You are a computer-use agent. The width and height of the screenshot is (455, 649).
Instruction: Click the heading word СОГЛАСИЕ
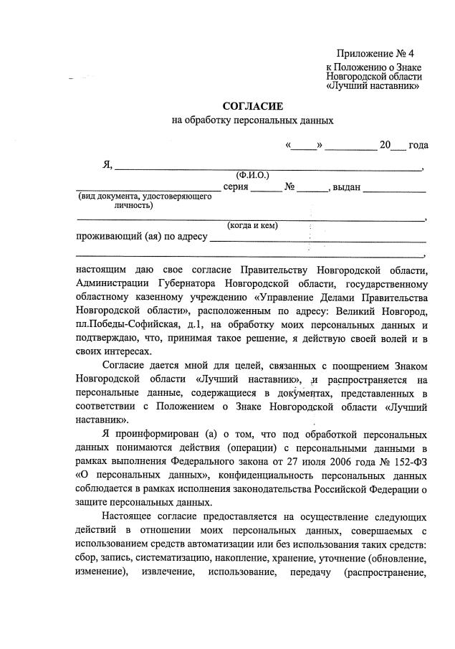tap(253, 106)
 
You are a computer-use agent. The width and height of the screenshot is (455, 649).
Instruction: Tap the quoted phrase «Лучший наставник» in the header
tap(372, 86)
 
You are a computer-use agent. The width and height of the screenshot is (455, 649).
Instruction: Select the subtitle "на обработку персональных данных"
tap(253, 121)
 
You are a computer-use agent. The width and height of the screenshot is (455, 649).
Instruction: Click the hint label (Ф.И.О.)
tap(252, 175)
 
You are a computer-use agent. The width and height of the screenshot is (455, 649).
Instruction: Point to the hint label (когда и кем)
tap(252, 226)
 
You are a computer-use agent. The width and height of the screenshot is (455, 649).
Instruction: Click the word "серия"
tap(236, 187)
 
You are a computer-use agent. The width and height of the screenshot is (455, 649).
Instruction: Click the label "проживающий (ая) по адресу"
tap(141, 237)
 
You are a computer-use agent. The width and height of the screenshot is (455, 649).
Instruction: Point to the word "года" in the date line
tap(418, 145)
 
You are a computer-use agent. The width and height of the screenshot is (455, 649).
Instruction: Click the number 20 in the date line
tap(385, 145)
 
